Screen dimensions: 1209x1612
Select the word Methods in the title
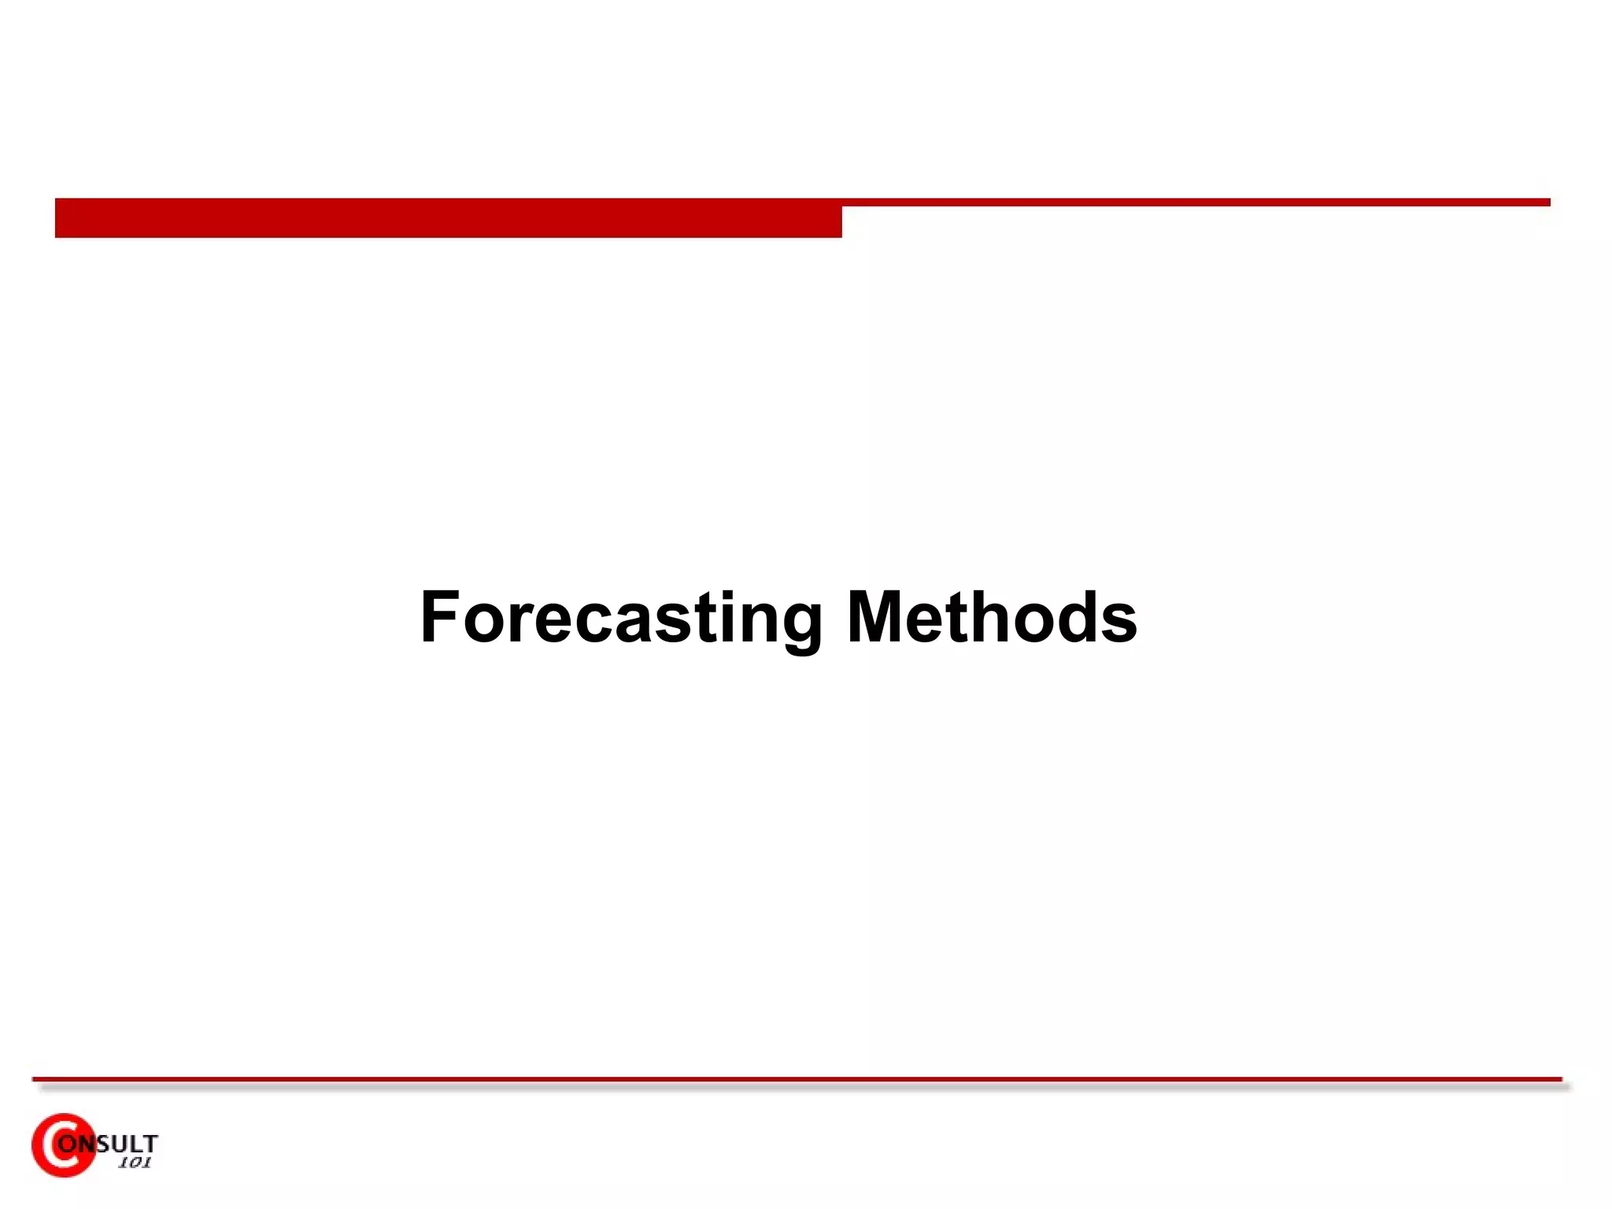coord(992,619)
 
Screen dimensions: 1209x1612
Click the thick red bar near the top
coord(448,218)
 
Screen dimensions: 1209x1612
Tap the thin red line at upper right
coord(1196,202)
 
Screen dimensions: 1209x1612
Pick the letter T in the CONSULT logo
coord(150,1143)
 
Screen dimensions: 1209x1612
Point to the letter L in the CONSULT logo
coord(135,1143)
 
